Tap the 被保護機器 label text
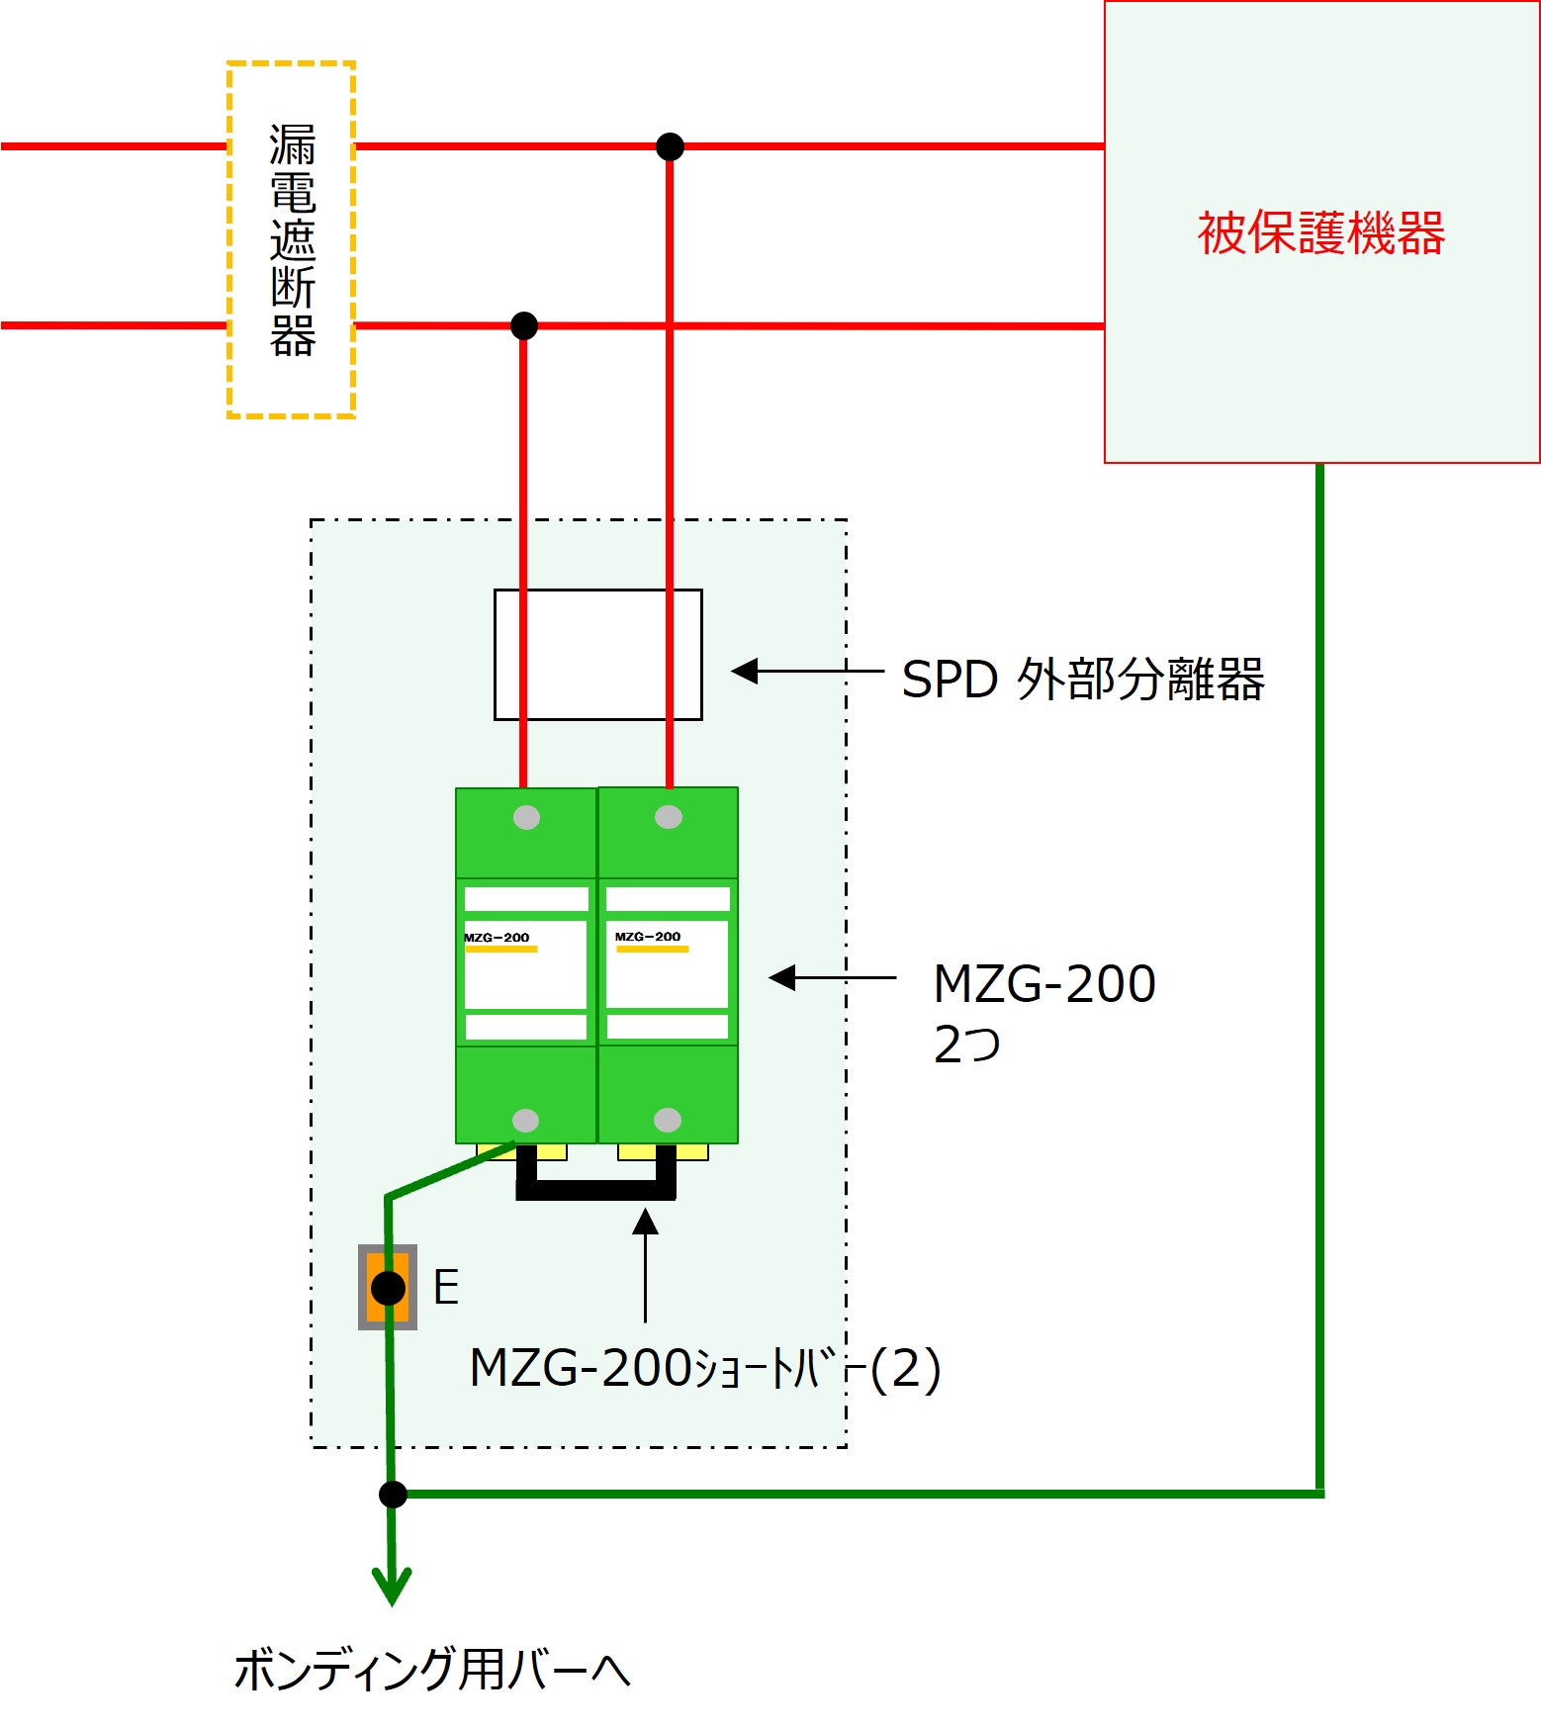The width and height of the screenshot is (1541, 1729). pyautogui.click(x=1321, y=233)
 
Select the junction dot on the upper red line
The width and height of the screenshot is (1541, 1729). pyautogui.click(x=670, y=146)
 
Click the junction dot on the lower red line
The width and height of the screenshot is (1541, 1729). pyautogui.click(x=523, y=324)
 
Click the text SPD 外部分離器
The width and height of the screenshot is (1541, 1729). pyautogui.click(x=1083, y=680)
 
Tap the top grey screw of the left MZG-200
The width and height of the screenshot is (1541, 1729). pyautogui.click(x=526, y=817)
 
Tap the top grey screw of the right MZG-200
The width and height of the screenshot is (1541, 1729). pyautogui.click(x=669, y=817)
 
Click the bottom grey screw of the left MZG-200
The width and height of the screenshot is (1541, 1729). pyautogui.click(x=525, y=1120)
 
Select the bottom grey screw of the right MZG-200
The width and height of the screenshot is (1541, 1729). pyautogui.click(x=668, y=1120)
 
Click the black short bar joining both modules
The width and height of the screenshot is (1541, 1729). pyautogui.click(x=596, y=1190)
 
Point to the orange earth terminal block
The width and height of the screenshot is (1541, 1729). pyautogui.click(x=388, y=1287)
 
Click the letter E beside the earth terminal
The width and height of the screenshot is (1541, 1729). pyautogui.click(x=446, y=1287)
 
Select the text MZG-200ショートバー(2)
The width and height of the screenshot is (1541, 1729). pyautogui.click(x=705, y=1369)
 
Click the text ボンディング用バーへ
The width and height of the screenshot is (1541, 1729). pyautogui.click(x=432, y=1670)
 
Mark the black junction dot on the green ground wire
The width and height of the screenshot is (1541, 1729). pyautogui.click(x=393, y=1494)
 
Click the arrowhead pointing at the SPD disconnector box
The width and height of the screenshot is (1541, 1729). pyautogui.click(x=744, y=671)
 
